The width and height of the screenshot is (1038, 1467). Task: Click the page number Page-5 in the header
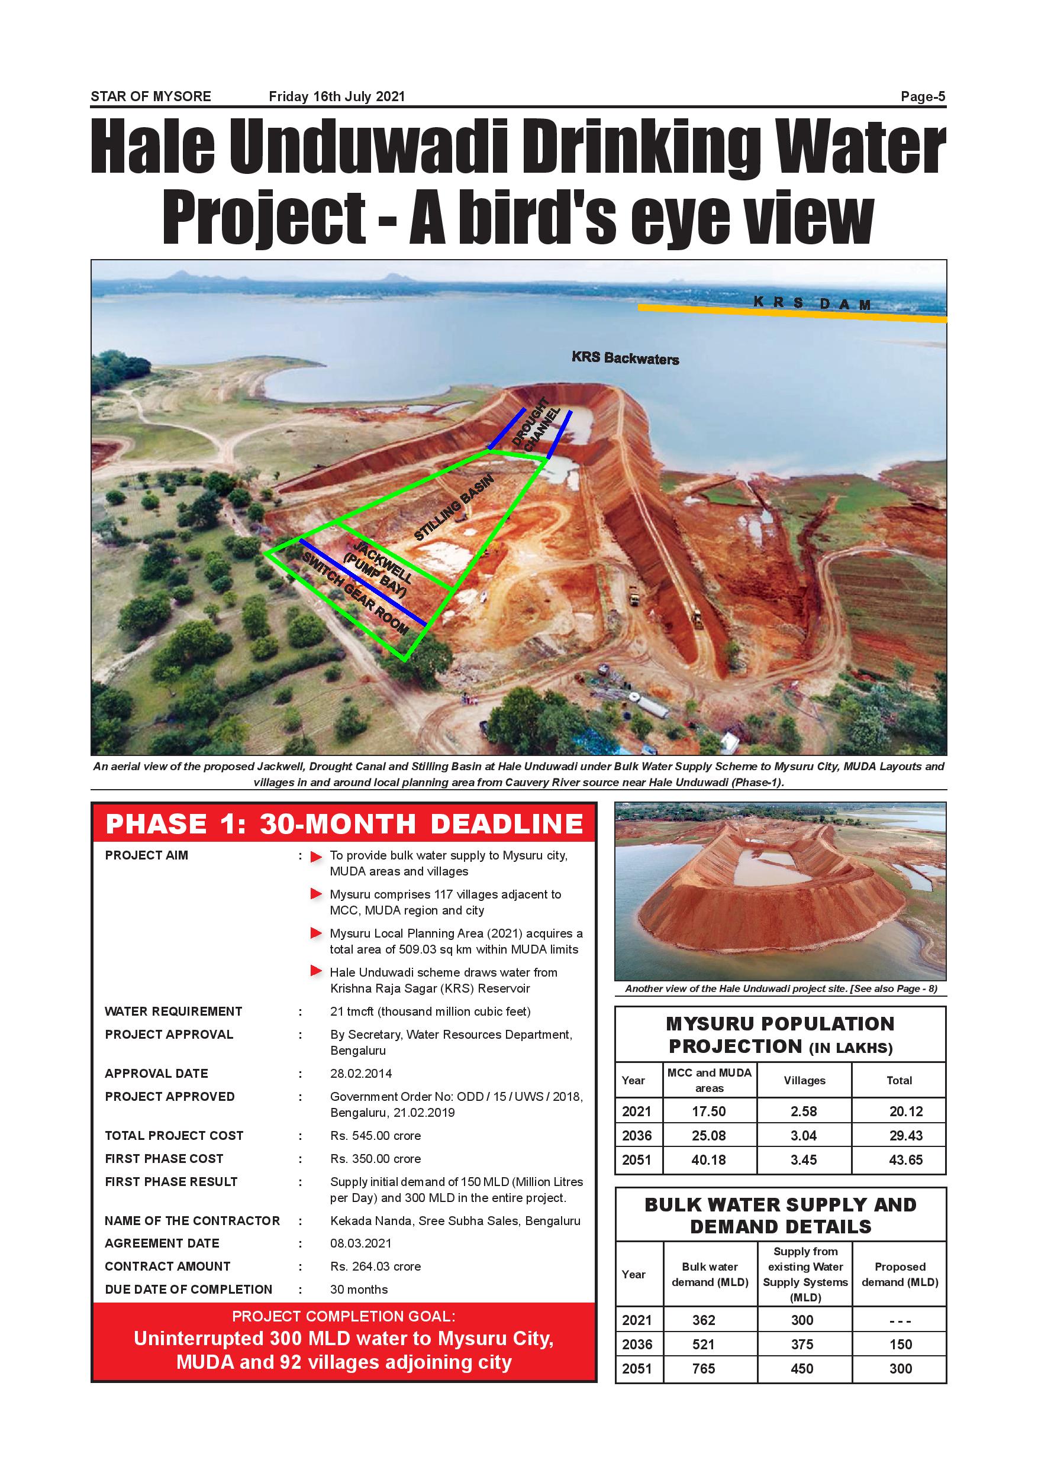pyautogui.click(x=923, y=96)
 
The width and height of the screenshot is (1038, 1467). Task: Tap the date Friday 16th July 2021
pyautogui.click(x=337, y=96)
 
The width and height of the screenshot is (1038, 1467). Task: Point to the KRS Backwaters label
pyautogui.click(x=625, y=358)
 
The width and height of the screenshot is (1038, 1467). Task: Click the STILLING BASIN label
pyautogui.click(x=454, y=508)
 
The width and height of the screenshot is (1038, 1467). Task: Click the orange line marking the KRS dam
pyautogui.click(x=792, y=313)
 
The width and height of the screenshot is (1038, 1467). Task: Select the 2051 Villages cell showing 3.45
pyautogui.click(x=804, y=1159)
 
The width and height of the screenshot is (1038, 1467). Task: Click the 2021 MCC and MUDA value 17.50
pyautogui.click(x=709, y=1111)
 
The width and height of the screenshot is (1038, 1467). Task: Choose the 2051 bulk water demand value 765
pyautogui.click(x=704, y=1369)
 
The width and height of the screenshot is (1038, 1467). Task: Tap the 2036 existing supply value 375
pyautogui.click(x=802, y=1345)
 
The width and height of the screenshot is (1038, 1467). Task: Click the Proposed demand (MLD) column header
pyautogui.click(x=900, y=1274)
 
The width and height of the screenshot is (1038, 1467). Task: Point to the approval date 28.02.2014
pyautogui.click(x=361, y=1074)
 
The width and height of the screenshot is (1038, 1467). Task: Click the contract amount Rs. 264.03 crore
pyautogui.click(x=375, y=1266)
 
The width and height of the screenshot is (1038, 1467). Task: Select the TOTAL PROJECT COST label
pyautogui.click(x=174, y=1135)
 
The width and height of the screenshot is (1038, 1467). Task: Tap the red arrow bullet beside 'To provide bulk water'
pyautogui.click(x=316, y=857)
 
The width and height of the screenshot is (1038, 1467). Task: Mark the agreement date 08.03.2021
pyautogui.click(x=361, y=1243)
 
